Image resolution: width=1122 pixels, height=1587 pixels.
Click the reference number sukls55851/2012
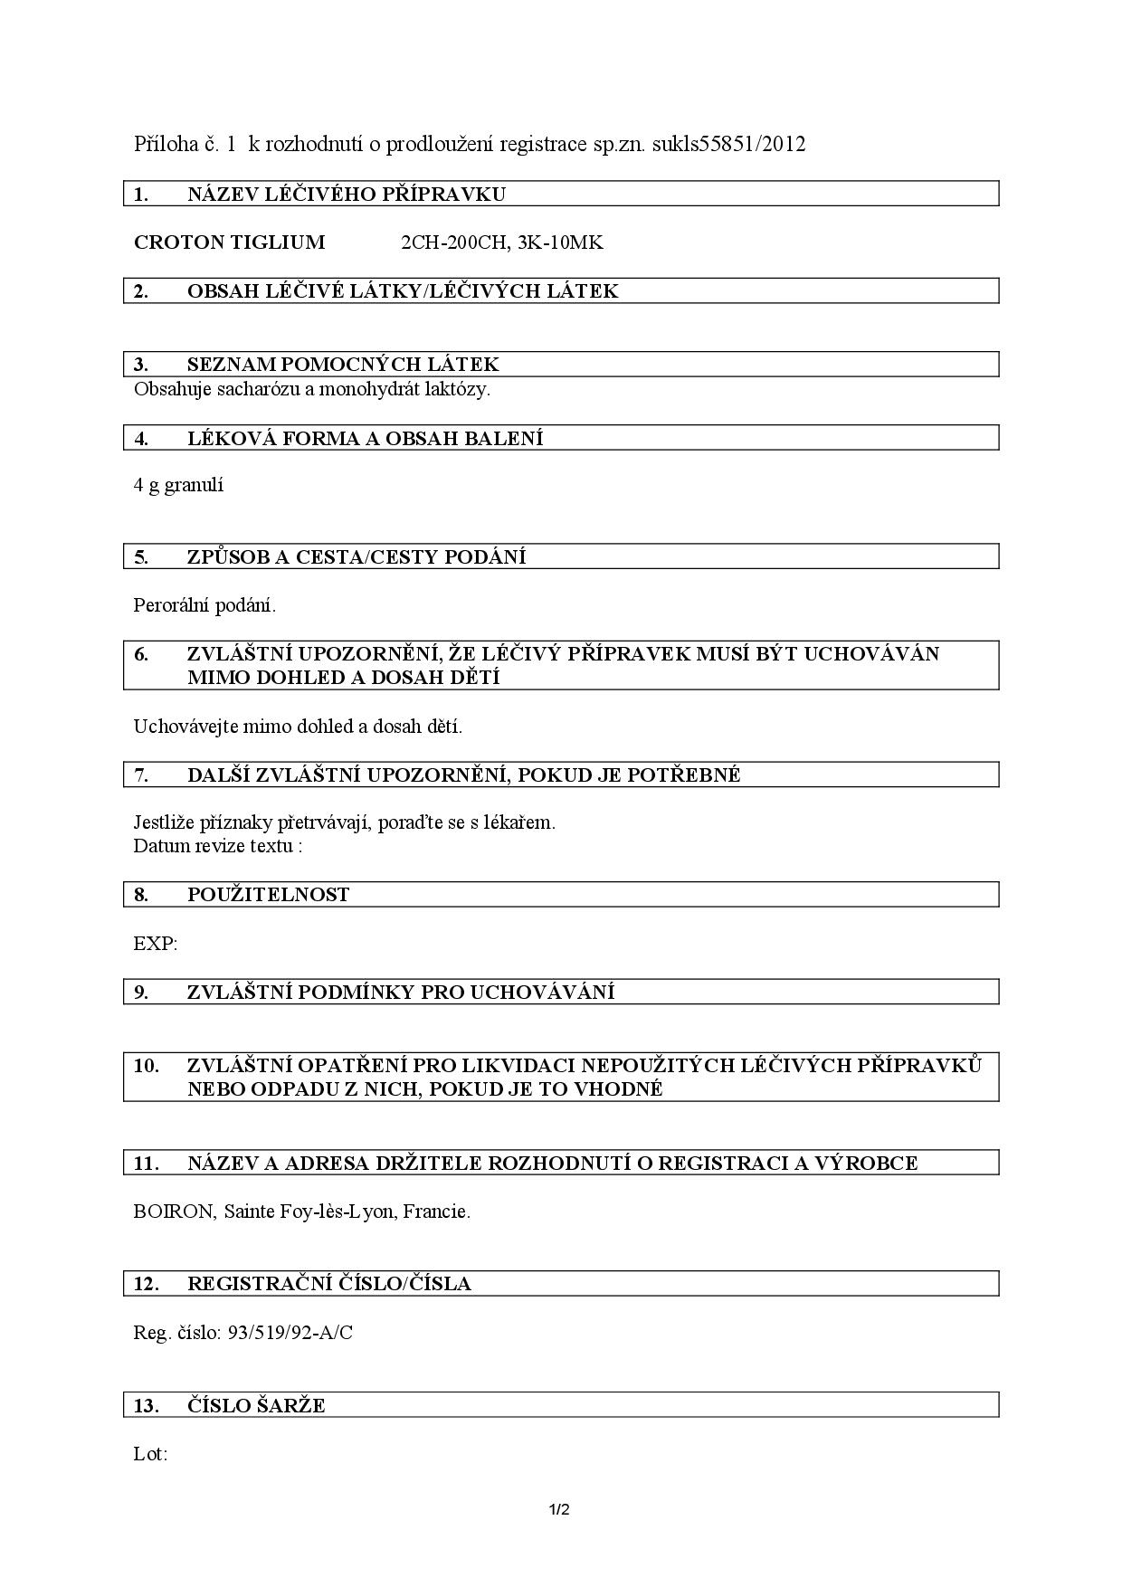click(728, 144)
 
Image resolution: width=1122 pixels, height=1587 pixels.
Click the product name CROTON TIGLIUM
click(229, 242)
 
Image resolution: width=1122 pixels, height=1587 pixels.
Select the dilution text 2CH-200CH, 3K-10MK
click(501, 242)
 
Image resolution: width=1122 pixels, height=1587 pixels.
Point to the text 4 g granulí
click(178, 485)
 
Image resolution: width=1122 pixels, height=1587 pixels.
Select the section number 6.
click(141, 654)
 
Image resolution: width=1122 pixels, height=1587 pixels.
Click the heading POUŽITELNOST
click(268, 895)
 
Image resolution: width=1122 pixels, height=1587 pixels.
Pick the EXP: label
click(155, 944)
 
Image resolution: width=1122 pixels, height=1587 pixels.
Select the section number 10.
click(146, 1066)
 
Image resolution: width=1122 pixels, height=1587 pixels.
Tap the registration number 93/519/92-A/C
click(290, 1333)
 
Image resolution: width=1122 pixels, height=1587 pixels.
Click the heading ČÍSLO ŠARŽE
click(256, 1406)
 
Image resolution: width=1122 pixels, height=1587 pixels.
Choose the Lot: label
click(150, 1455)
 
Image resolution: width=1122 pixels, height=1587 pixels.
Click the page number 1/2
click(559, 1510)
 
